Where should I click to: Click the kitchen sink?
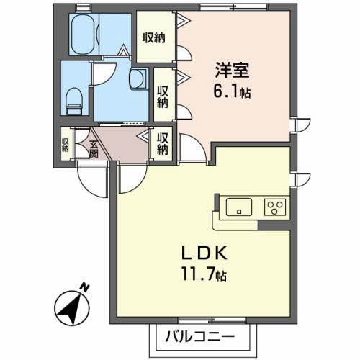[238, 207]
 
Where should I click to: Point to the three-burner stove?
[274, 207]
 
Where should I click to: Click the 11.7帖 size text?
[204, 274]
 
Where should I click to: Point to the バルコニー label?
[204, 336]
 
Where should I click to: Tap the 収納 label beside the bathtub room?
[153, 36]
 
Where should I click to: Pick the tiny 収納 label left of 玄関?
[66, 145]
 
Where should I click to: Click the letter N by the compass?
[85, 288]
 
